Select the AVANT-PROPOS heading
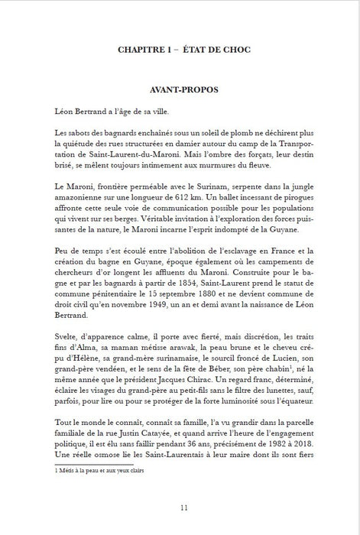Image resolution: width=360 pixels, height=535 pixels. point(180,89)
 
